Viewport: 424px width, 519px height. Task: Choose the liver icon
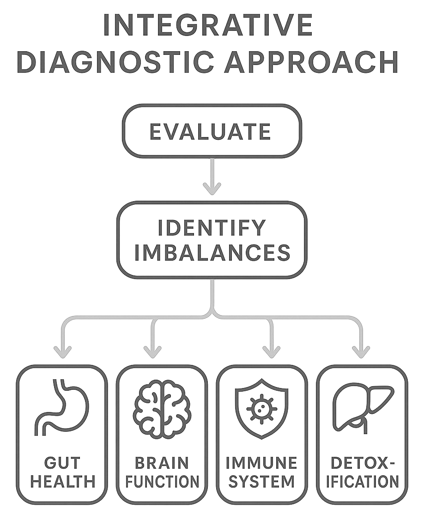coord(363,406)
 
